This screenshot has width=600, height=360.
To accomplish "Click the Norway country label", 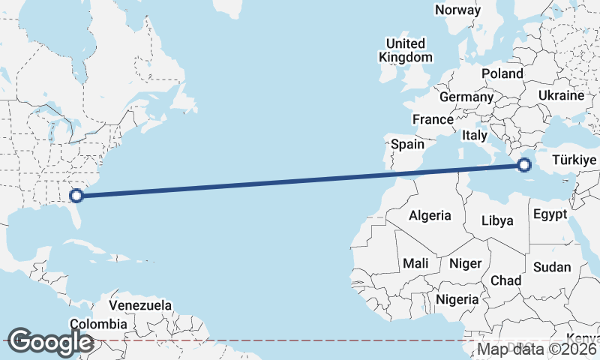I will pos(457,10).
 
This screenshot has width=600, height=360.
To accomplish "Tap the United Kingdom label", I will pos(406,50).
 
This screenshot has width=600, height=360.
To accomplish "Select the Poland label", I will pos(502,73).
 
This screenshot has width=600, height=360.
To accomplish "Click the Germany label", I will pos(466,97).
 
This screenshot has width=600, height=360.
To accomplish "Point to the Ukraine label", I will pos(560,95).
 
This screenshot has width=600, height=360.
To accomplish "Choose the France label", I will pos(433,119).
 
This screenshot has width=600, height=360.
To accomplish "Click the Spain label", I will pos(407,144).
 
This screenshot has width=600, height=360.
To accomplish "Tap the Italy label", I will pos(474,136).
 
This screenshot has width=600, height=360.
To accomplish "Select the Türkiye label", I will pos(574,160).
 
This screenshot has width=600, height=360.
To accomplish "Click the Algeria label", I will pos(430,215).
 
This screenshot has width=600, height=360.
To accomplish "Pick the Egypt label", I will pos(550,214).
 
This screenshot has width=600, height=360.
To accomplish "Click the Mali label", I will pos(415,263).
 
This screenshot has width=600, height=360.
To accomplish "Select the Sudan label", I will pos(551,267).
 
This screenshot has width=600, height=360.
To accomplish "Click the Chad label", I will pos(505,280).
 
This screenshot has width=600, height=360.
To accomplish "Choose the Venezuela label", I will pos(140,306).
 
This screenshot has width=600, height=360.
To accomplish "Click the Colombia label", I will pos(98,324).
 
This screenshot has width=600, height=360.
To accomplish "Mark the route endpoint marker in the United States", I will pos(76,196).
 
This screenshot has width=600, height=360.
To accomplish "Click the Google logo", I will pos(50,342).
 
